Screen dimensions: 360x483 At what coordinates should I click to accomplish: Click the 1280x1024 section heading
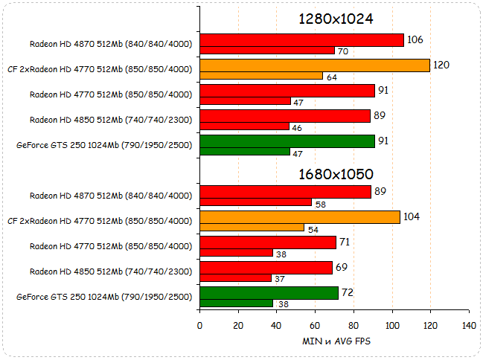point(335,19)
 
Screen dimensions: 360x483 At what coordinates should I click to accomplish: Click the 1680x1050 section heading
point(335,174)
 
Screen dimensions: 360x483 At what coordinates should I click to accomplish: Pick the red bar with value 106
point(301,40)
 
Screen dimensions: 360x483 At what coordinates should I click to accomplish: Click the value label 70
point(343,51)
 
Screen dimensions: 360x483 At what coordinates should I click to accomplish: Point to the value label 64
point(331,77)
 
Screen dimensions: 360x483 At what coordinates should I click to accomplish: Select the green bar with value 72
point(269,293)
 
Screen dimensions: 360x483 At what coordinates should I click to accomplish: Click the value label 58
point(320,203)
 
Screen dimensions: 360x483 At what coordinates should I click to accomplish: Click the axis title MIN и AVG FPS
point(335,341)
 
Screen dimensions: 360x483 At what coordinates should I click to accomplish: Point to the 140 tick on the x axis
point(469,325)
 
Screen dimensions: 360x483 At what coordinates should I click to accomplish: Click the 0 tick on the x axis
point(199,325)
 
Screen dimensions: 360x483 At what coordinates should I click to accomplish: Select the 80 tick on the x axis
point(354,325)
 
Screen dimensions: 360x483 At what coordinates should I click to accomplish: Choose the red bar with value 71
point(268,242)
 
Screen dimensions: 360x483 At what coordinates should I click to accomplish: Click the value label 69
point(342,266)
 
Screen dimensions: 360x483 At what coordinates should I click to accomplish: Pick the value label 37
point(280,279)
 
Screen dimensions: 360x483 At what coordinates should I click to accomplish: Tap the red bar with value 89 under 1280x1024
point(285,116)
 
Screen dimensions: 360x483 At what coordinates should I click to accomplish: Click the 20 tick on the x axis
point(238,325)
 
